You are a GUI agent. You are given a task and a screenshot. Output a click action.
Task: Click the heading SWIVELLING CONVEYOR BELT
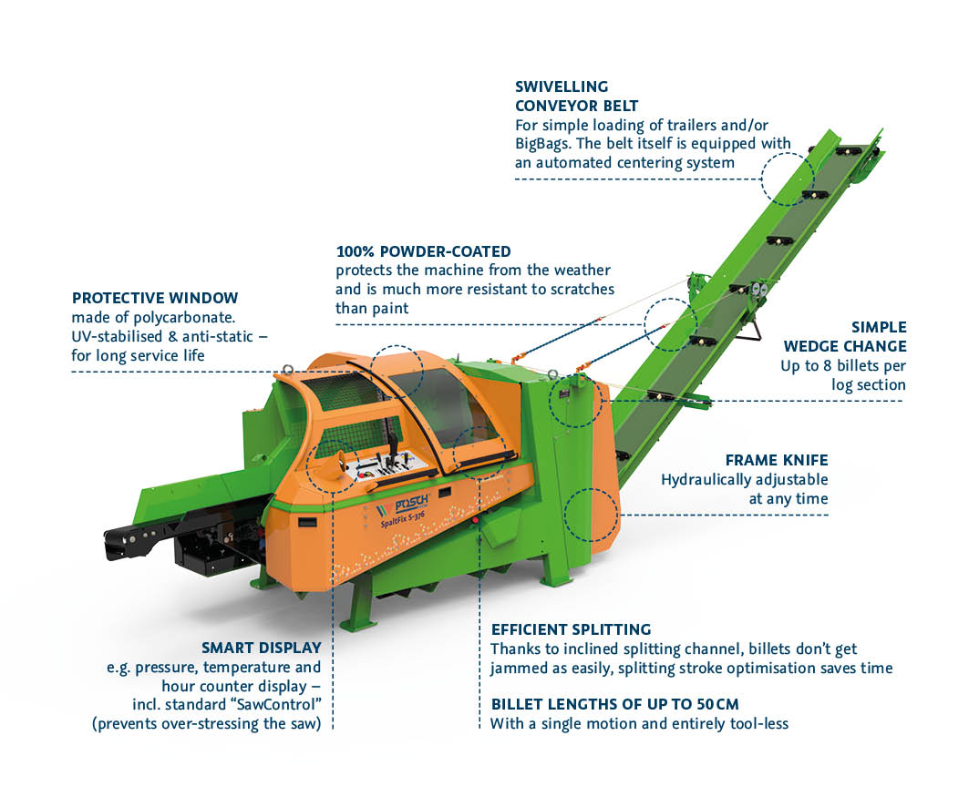tap(576, 96)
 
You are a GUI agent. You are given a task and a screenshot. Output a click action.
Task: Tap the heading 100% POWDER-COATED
tap(423, 251)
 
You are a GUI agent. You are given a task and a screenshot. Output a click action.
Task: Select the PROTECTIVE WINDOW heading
tap(155, 298)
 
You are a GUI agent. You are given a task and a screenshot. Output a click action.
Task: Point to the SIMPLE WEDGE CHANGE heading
tap(846, 336)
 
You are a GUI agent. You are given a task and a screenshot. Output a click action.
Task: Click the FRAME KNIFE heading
tap(777, 460)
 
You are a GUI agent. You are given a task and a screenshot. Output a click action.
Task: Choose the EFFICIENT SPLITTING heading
tap(571, 629)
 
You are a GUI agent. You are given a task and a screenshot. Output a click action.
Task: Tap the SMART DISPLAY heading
tap(263, 649)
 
